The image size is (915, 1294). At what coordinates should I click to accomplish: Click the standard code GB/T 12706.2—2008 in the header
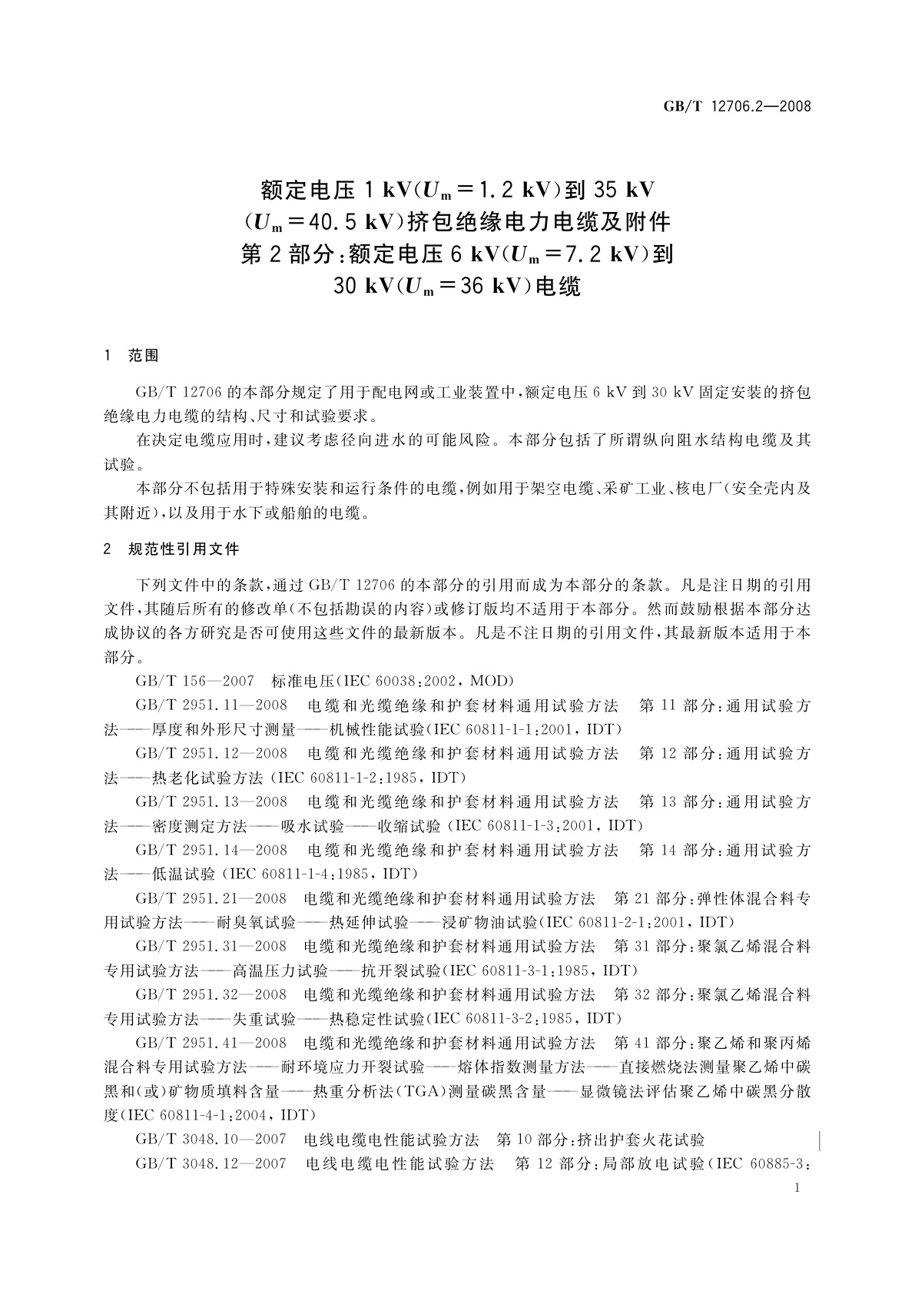[x=736, y=107]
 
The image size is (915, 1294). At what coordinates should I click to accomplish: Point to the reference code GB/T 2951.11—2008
[x=211, y=705]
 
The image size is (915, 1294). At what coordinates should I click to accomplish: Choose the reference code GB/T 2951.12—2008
[x=211, y=754]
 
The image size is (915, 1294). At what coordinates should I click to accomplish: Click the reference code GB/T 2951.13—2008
[x=211, y=802]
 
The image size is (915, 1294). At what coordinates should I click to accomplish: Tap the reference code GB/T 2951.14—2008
[x=211, y=851]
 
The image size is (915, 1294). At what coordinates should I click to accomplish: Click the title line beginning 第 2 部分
[x=457, y=254]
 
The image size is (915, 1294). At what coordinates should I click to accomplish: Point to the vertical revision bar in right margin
[x=822, y=1140]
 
